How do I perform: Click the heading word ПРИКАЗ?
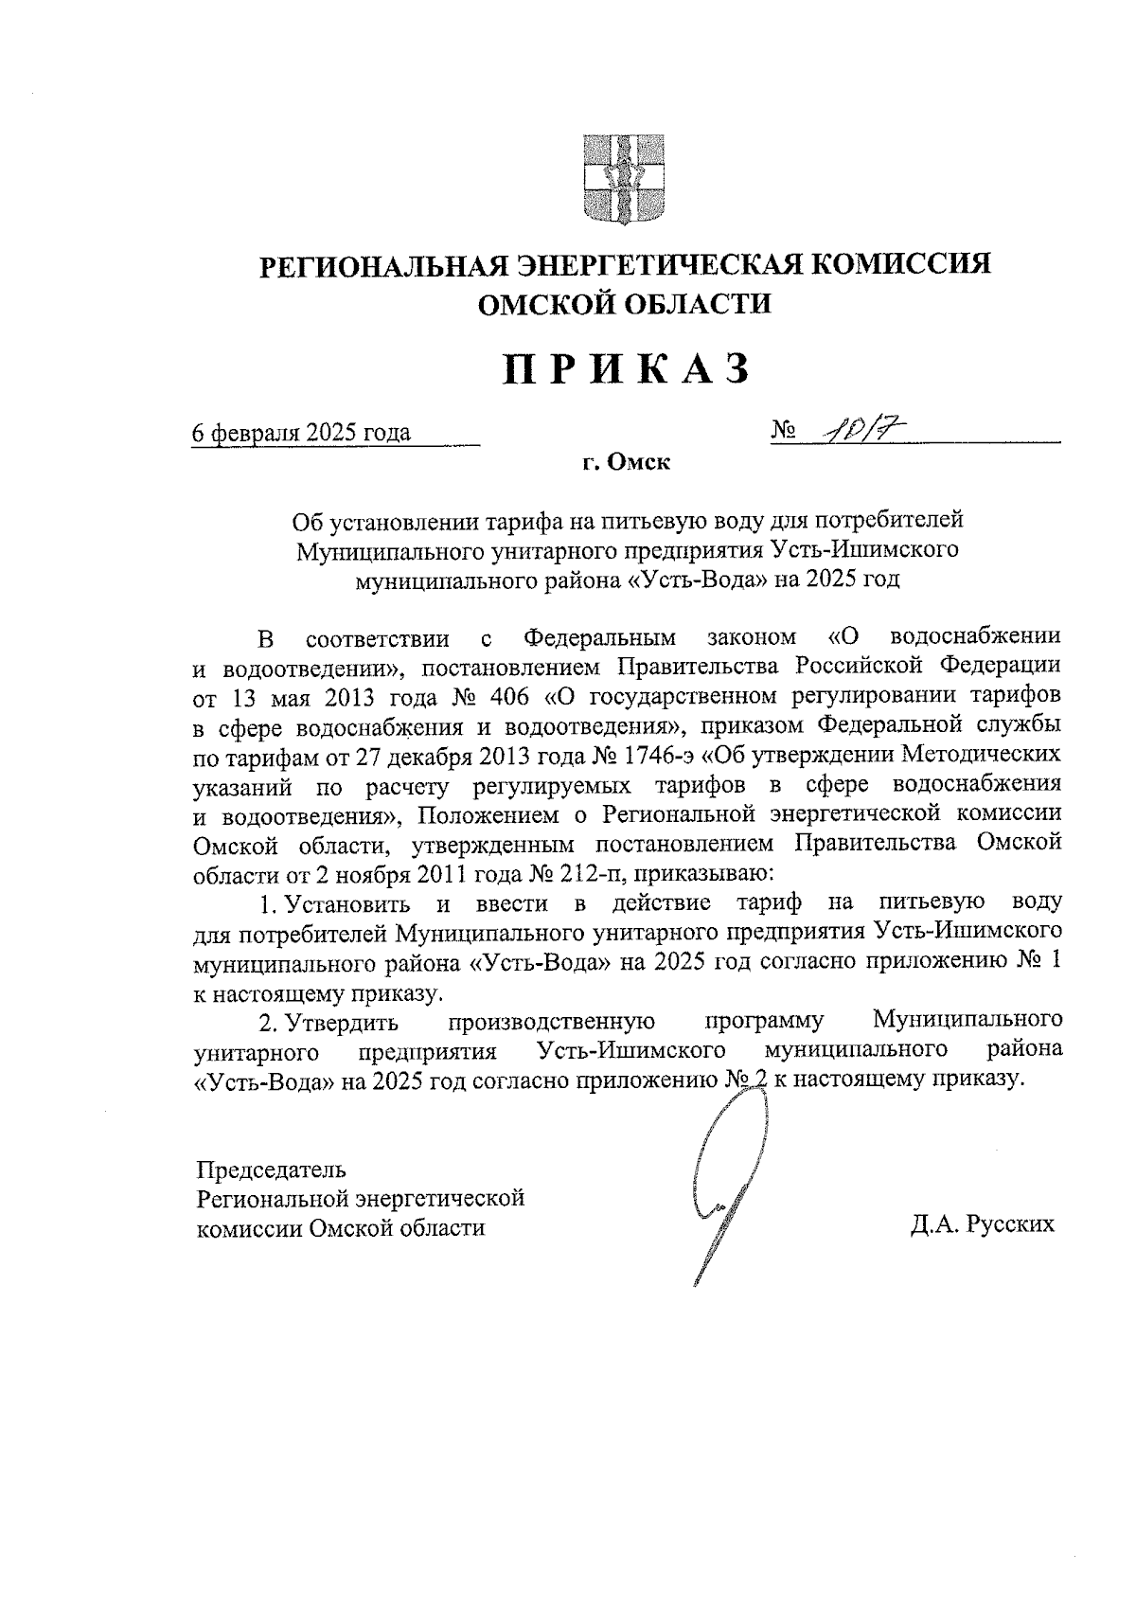tap(625, 369)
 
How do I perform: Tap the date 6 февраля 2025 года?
tap(301, 433)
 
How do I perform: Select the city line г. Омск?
tap(625, 463)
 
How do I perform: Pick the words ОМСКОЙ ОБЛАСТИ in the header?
tap(625, 302)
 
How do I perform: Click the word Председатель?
tap(272, 1169)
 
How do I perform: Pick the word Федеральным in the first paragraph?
tap(600, 636)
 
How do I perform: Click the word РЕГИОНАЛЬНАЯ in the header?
tap(387, 263)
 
